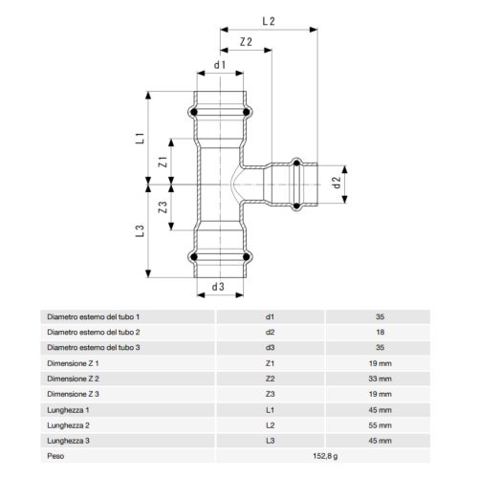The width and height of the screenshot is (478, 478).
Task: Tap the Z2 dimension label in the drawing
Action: click(246, 42)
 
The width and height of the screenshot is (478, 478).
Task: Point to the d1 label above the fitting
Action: click(219, 65)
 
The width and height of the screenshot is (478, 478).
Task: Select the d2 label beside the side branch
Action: click(336, 181)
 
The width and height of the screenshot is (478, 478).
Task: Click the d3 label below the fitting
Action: click(219, 286)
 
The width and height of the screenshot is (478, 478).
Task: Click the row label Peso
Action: click(56, 456)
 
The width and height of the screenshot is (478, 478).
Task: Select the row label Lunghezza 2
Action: click(70, 424)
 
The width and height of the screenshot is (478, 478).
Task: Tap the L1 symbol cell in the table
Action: click(270, 409)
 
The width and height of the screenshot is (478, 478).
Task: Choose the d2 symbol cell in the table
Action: click(270, 332)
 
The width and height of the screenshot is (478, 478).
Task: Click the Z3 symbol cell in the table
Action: click(270, 394)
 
